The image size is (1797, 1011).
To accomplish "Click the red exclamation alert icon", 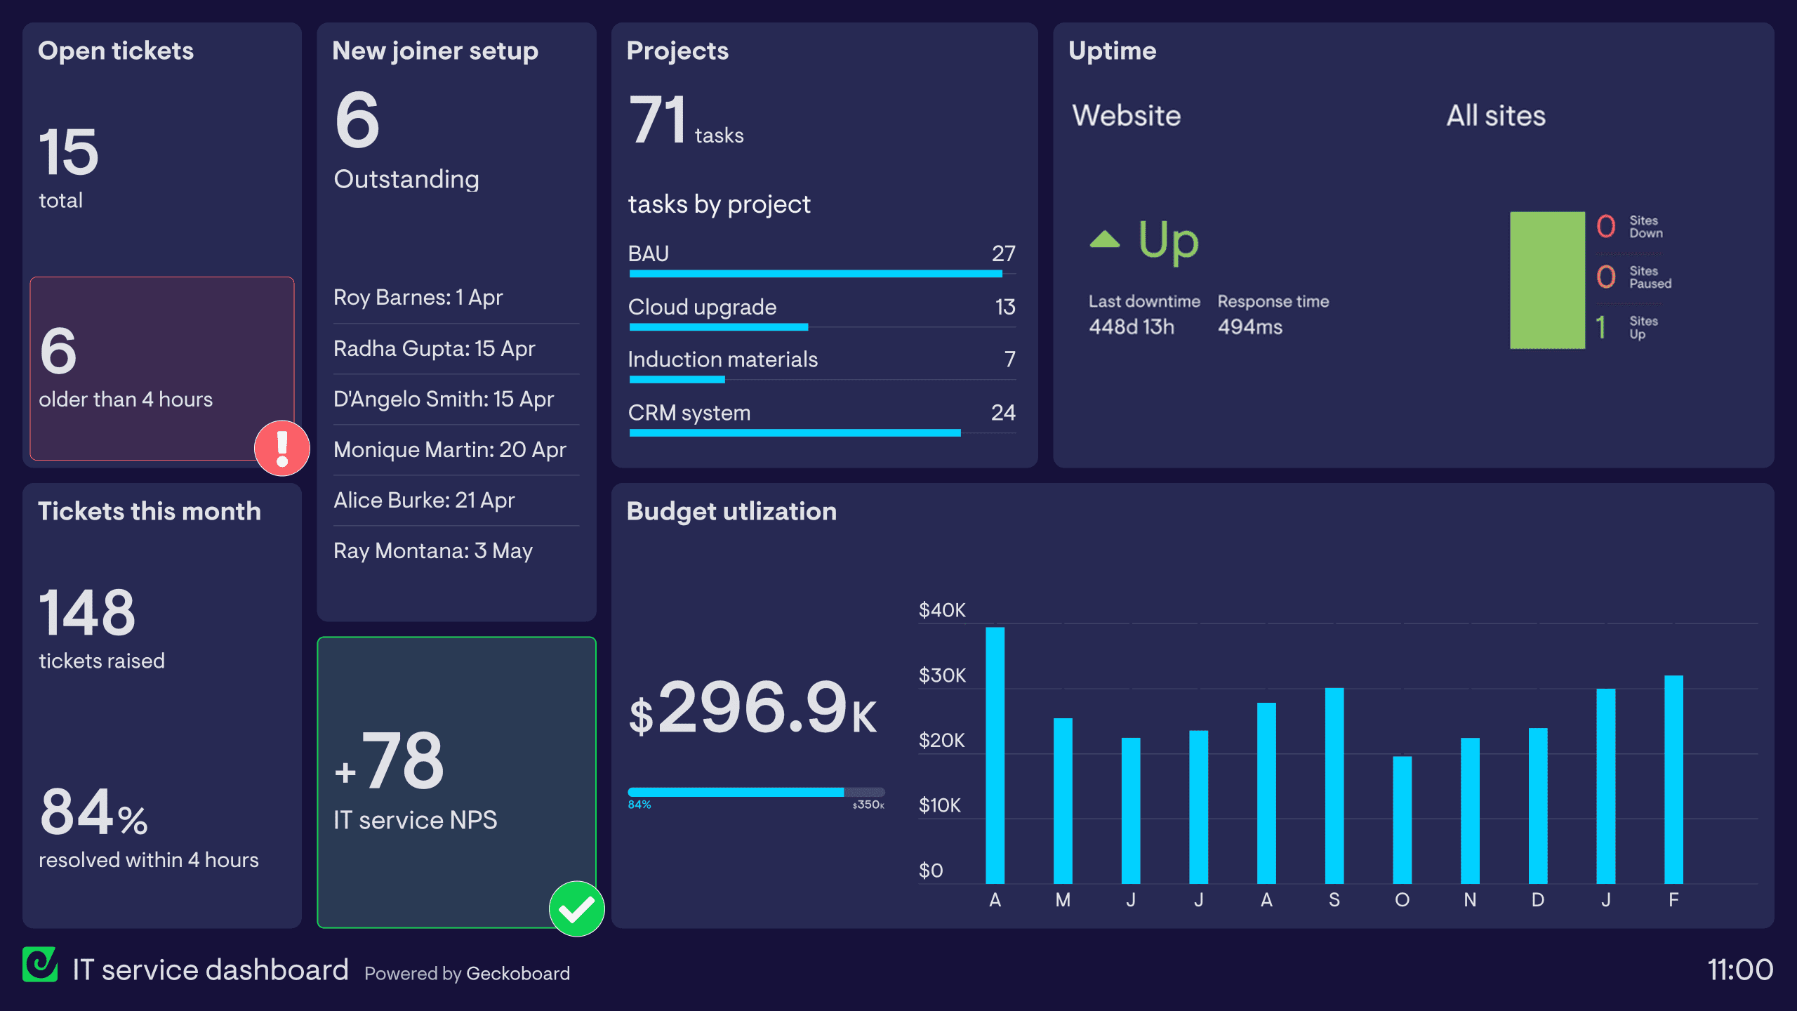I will [282, 448].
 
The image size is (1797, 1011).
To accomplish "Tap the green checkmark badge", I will [576, 908].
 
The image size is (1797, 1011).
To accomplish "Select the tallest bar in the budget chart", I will [995, 755].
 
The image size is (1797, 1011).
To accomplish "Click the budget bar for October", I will [1402, 819].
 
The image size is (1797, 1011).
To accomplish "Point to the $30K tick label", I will [942, 675].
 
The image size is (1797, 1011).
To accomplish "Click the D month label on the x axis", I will [1537, 900].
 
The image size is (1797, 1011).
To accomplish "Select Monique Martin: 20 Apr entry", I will [449, 449].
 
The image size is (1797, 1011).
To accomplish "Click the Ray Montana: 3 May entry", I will [432, 550].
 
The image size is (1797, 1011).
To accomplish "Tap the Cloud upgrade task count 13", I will [1004, 307].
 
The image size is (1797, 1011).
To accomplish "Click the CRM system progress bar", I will [795, 432].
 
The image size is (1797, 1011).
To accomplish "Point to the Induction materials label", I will [722, 359].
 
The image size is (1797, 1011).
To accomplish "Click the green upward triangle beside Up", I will [1104, 240].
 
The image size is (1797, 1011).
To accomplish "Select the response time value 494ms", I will [1249, 327].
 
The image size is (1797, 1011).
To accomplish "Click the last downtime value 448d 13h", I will [1131, 327].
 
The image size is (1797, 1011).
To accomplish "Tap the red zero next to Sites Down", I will [1605, 226].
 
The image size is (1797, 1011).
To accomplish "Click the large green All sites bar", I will [1547, 279].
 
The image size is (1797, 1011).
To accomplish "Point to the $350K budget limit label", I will [868, 805].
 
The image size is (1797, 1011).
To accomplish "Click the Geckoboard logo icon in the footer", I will [40, 965].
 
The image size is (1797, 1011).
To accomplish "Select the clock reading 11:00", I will [1739, 970].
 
